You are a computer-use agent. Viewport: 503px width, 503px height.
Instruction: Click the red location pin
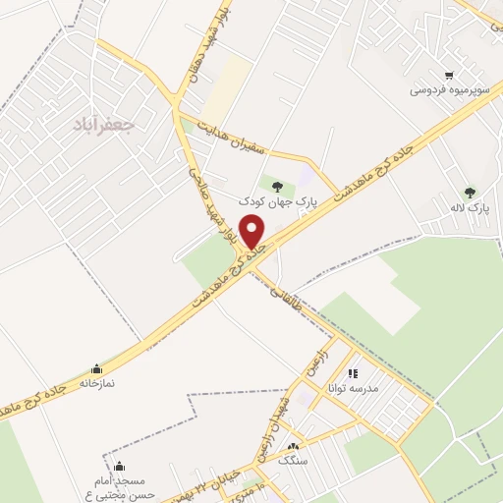click(x=254, y=232)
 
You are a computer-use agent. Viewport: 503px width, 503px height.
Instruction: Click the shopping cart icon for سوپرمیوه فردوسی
click(x=449, y=75)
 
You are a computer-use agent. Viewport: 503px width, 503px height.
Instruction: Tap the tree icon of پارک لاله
click(x=471, y=192)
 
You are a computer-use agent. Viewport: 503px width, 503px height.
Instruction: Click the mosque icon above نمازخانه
click(x=95, y=369)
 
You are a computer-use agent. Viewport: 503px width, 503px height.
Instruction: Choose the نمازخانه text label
click(x=95, y=385)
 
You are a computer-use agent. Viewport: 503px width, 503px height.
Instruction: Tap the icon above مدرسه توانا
click(x=353, y=372)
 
